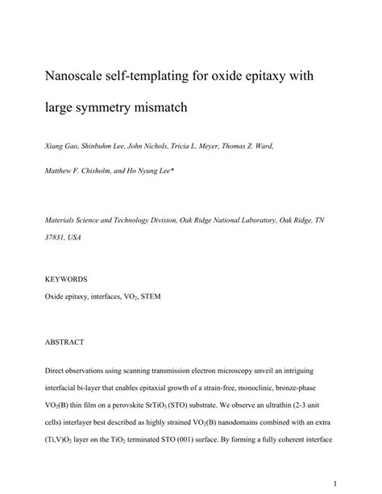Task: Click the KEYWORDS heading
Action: (66, 279)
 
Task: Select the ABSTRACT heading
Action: (64, 342)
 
